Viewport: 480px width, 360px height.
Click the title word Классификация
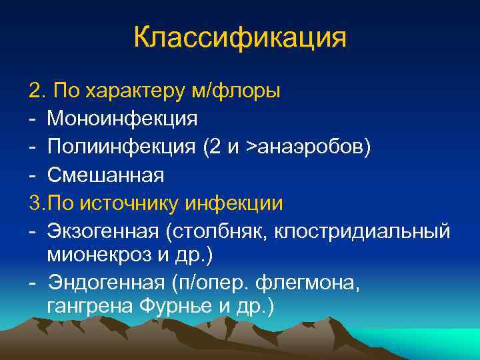240,37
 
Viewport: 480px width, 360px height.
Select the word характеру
126,91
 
